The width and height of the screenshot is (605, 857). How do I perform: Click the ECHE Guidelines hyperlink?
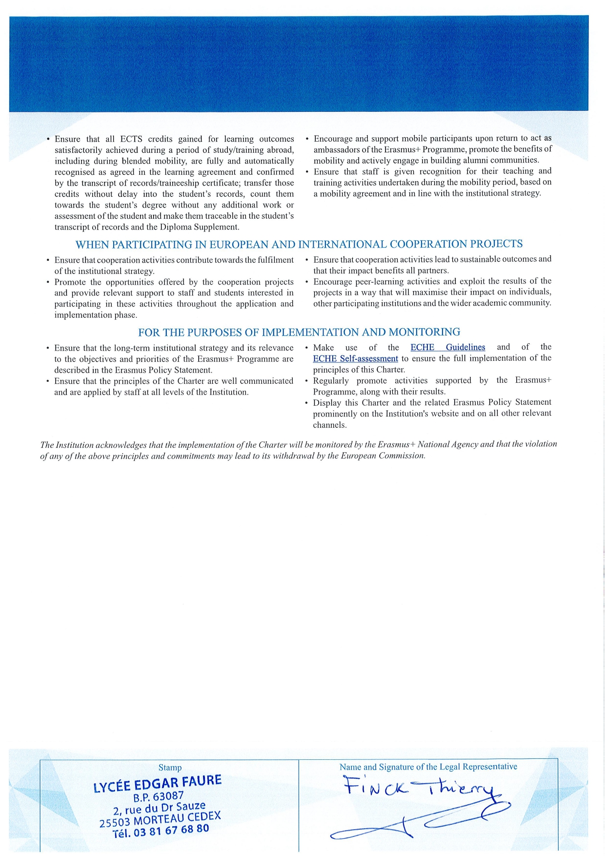447,347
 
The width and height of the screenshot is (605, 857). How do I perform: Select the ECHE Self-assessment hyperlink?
355,358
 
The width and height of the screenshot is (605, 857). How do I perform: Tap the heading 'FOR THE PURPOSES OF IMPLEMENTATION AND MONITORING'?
299,332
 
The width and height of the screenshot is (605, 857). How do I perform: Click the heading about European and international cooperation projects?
299,244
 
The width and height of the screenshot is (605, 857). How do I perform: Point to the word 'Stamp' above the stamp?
170,768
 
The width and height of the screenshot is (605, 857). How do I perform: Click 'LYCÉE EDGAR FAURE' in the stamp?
157,783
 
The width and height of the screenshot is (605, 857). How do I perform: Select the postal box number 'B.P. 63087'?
159,797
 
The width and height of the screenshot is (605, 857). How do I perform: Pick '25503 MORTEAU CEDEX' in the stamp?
160,819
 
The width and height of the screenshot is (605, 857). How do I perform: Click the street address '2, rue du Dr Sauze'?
159,808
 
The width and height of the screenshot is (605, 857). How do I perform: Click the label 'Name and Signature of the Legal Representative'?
428,767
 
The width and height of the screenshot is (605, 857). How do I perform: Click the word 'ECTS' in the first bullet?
131,139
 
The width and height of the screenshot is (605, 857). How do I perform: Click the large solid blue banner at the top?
299,63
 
